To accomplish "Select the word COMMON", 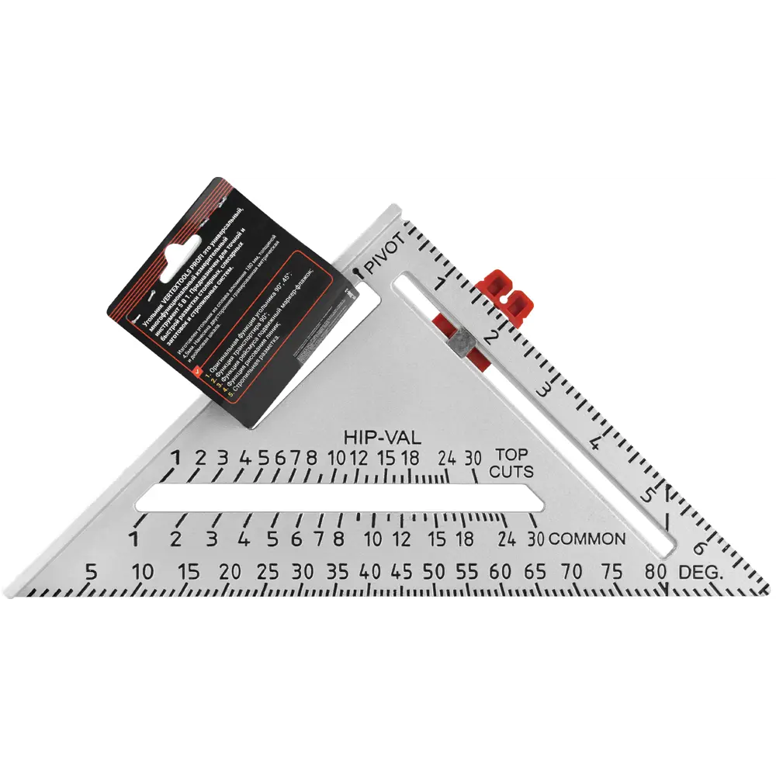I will point(587,539).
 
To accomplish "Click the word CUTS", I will point(511,471).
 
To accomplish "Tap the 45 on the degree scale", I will point(402,573).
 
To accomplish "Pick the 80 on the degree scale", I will point(654,573).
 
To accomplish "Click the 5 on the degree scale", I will point(91,573).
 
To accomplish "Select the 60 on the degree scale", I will point(501,573).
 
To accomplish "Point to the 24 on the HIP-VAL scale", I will point(446,457).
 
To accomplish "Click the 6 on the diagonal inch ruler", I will point(698,547).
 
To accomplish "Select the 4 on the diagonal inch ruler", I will point(596,444).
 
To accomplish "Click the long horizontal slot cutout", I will point(338,497).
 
